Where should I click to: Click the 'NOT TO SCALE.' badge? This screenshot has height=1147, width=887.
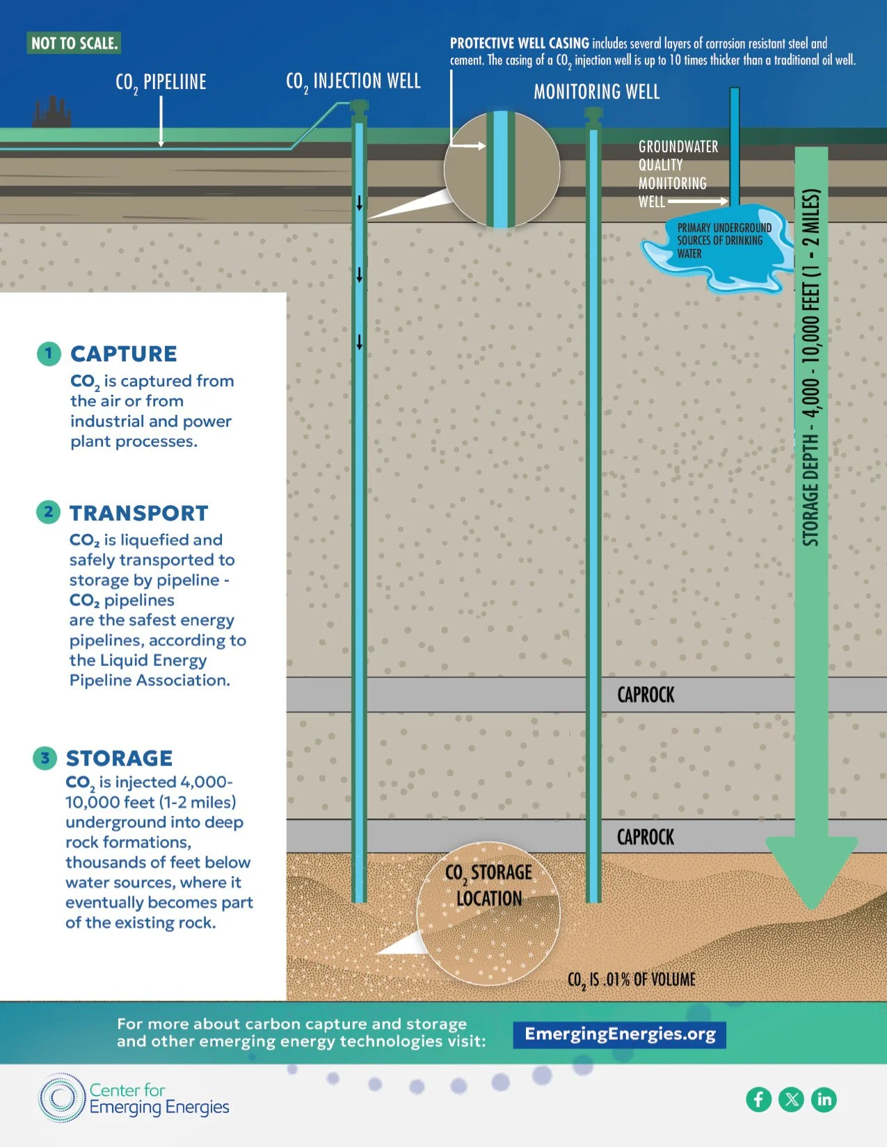pyautogui.click(x=74, y=43)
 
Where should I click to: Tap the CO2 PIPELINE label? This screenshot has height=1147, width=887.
pyautogui.click(x=161, y=83)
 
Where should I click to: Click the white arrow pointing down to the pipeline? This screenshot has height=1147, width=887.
pyautogui.click(x=161, y=122)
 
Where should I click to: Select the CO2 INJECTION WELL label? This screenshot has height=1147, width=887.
pyautogui.click(x=353, y=82)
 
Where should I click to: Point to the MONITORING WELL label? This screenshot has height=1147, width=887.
pyautogui.click(x=596, y=92)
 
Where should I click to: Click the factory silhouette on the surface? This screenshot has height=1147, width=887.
pyautogui.click(x=51, y=113)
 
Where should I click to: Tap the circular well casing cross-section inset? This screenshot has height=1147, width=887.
pyautogui.click(x=502, y=169)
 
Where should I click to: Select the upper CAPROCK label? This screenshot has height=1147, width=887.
pyautogui.click(x=646, y=694)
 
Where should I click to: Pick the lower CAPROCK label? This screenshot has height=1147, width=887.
pyautogui.click(x=646, y=837)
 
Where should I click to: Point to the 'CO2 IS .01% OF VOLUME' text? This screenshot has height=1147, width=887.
pyautogui.click(x=631, y=979)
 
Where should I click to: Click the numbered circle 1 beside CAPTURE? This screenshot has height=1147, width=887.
pyautogui.click(x=48, y=353)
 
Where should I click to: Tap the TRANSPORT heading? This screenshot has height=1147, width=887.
pyautogui.click(x=138, y=513)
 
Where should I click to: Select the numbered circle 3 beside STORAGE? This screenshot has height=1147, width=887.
pyautogui.click(x=45, y=758)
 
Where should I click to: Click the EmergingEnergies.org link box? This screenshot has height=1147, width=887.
pyautogui.click(x=620, y=1034)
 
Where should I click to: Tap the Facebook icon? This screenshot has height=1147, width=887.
pyautogui.click(x=759, y=1099)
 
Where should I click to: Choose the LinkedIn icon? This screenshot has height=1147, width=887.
pyautogui.click(x=824, y=1099)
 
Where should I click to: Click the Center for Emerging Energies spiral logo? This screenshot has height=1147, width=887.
pyautogui.click(x=61, y=1098)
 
